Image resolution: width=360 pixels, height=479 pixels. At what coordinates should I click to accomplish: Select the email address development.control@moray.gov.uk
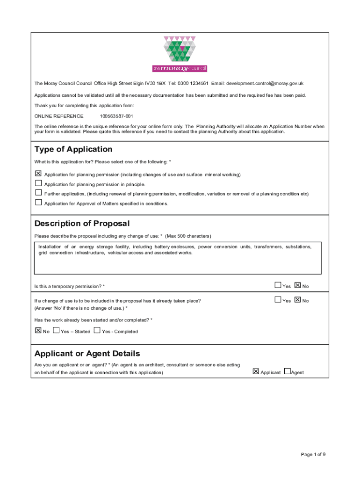(265, 84)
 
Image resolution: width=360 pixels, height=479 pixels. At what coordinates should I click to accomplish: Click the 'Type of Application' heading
(73, 149)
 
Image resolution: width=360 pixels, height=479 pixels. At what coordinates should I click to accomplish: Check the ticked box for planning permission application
(38, 174)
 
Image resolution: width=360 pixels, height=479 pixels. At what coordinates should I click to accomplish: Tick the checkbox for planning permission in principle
(38, 183)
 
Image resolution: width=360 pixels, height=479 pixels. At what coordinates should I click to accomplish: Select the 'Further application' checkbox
(38, 193)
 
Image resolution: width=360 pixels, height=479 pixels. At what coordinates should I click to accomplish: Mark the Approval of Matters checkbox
(38, 203)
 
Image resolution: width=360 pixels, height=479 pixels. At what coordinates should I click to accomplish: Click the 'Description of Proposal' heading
(82, 224)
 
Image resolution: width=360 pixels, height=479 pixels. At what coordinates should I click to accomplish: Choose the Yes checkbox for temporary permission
(278, 285)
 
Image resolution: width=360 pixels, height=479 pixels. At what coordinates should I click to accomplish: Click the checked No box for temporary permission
(298, 285)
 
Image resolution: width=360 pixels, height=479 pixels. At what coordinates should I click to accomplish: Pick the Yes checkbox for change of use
(278, 300)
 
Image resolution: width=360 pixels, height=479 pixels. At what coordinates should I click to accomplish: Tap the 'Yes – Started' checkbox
(57, 330)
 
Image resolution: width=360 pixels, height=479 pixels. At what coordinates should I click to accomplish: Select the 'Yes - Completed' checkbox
(97, 330)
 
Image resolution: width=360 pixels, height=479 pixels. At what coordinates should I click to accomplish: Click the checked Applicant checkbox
(256, 371)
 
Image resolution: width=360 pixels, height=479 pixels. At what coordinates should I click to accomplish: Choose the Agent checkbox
(287, 371)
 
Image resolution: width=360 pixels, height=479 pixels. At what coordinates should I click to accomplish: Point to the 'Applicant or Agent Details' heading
(87, 354)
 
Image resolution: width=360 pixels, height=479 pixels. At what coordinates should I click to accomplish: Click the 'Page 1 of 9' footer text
(313, 454)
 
